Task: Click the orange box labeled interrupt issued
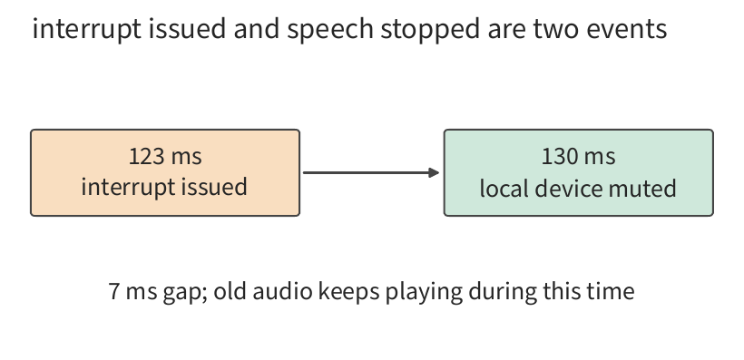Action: tap(165, 172)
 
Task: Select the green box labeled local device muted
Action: tap(578, 172)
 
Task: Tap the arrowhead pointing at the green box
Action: tap(434, 172)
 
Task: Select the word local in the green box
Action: tap(504, 188)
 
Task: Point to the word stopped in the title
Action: tap(430, 29)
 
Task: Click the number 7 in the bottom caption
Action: tap(114, 291)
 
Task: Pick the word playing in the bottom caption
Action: tap(424, 292)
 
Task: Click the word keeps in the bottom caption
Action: tap(348, 292)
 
